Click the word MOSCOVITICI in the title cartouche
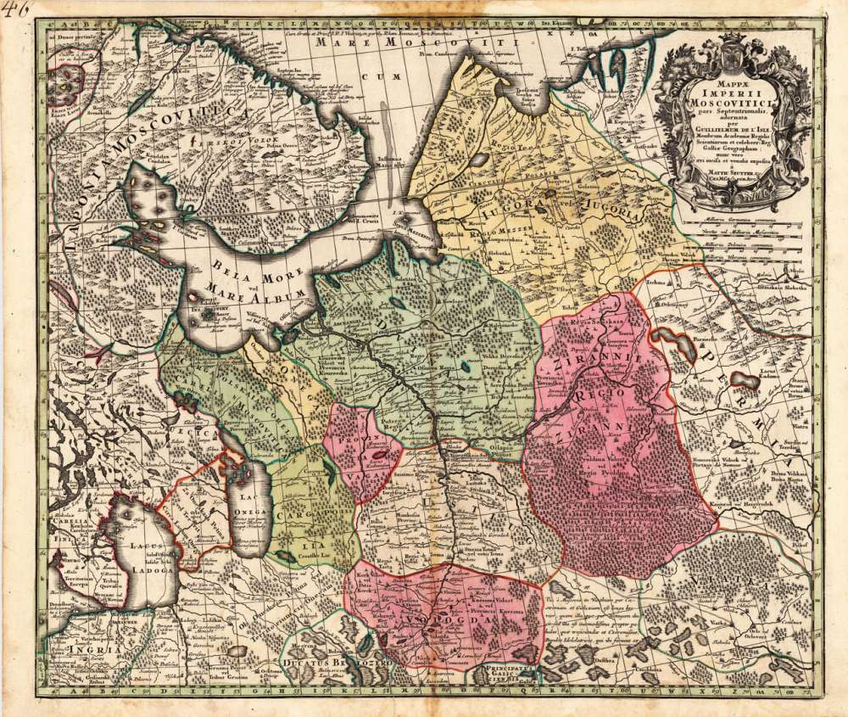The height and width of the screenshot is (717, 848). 734,104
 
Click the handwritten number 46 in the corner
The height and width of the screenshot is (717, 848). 15,10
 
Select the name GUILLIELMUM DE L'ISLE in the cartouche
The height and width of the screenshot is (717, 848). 734,134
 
